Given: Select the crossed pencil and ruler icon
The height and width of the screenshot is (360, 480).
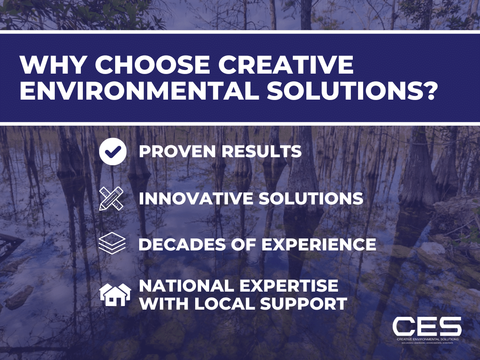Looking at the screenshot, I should pos(112,198).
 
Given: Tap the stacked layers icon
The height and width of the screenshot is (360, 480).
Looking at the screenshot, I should pos(112,244).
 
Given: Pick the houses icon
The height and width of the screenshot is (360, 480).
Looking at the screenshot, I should pos(114,295).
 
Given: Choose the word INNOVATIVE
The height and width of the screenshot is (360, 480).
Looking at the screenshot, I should pos(195,199).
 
